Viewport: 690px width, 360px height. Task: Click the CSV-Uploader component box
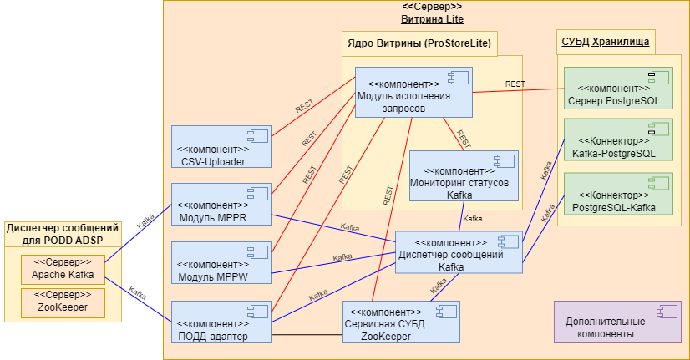[221, 146]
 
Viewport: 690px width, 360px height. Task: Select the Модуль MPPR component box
[221, 204]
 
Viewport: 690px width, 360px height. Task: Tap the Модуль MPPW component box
[221, 261]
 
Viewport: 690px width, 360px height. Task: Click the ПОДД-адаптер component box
[221, 321]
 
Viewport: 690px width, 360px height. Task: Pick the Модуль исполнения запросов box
[413, 92]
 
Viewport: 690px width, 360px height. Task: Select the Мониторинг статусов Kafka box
[464, 175]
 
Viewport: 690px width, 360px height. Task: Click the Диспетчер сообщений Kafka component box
[459, 251]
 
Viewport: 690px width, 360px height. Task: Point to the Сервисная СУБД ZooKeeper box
[402, 321]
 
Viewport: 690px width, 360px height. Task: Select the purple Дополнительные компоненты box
[617, 322]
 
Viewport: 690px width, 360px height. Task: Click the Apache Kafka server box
[63, 268]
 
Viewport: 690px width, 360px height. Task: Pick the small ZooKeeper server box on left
[63, 302]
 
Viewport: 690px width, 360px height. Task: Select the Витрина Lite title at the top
[432, 18]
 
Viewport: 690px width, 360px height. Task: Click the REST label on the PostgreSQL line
[515, 84]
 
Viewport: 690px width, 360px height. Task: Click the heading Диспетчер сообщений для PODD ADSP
[63, 234]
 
